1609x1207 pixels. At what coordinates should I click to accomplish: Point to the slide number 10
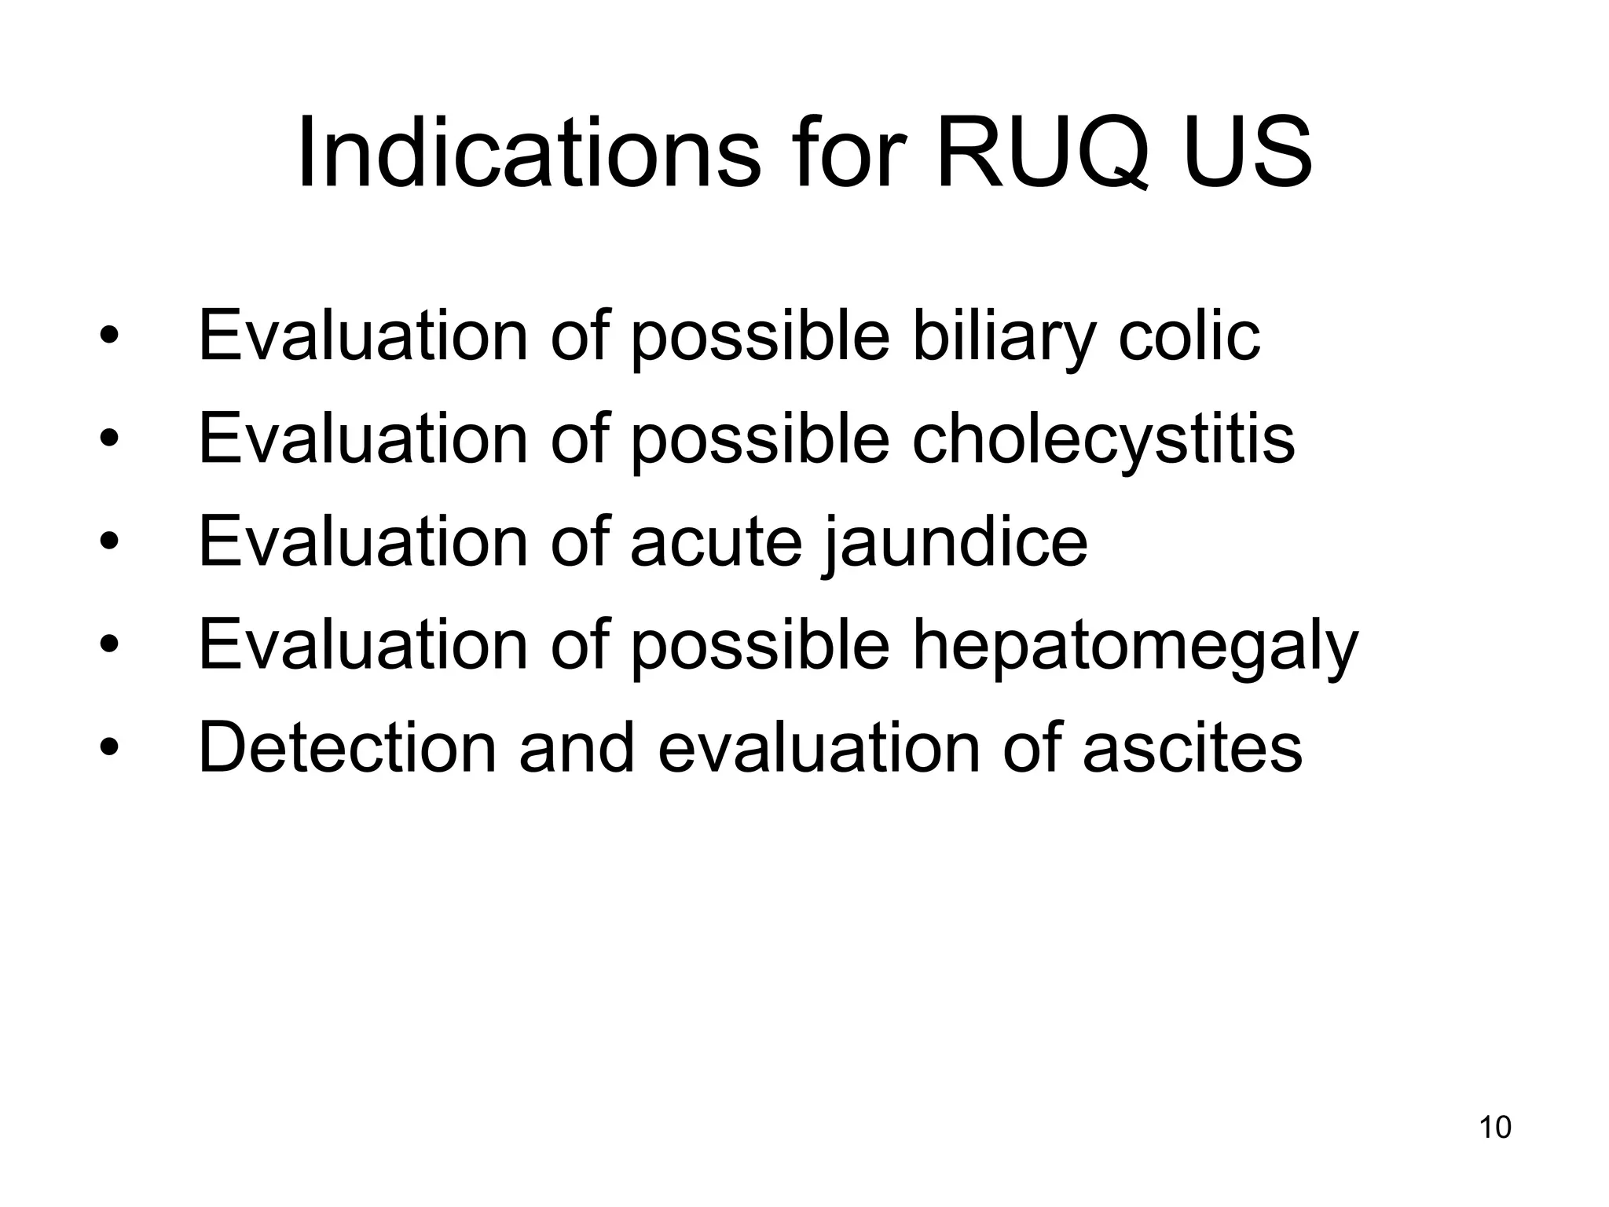[1494, 1128]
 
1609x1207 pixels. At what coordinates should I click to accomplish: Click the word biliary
[1002, 337]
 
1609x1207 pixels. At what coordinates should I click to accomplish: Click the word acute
[716, 542]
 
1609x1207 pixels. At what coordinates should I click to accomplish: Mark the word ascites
[1192, 748]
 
